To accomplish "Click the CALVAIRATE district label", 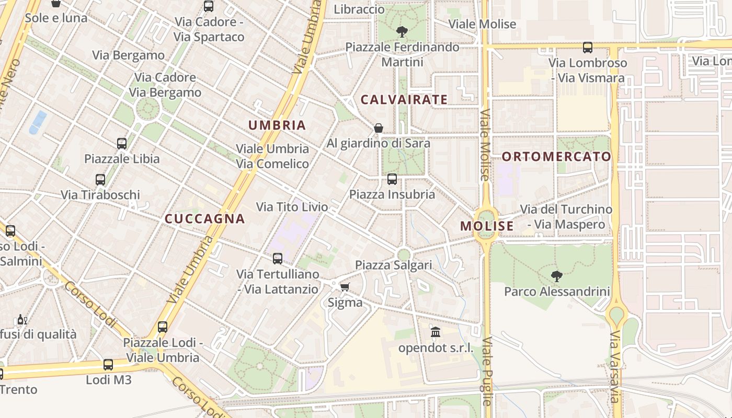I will coord(404,99).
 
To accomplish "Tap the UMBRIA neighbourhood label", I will coord(277,125).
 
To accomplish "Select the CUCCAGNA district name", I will coord(205,219).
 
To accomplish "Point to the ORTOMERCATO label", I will coord(556,156).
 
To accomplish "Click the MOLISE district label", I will coord(487,226).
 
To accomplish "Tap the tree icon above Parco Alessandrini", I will coord(557,276).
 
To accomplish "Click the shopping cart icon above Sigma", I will coord(345,287).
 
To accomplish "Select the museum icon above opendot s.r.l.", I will coord(436,332).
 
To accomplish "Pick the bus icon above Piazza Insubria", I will coord(392,179).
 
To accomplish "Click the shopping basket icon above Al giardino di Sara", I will coord(379,128).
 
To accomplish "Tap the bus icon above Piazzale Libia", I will coord(122,143).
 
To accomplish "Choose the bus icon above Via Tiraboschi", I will coord(100,180).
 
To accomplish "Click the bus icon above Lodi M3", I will coord(108,365).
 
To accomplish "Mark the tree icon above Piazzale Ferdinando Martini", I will coord(402,32).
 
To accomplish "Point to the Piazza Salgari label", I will coord(394,265).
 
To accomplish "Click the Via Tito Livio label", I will coord(292,207).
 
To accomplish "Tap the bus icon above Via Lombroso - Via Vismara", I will coord(588,48).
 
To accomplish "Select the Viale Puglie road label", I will coord(487,371).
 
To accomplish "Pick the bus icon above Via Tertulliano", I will coord(278,259).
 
